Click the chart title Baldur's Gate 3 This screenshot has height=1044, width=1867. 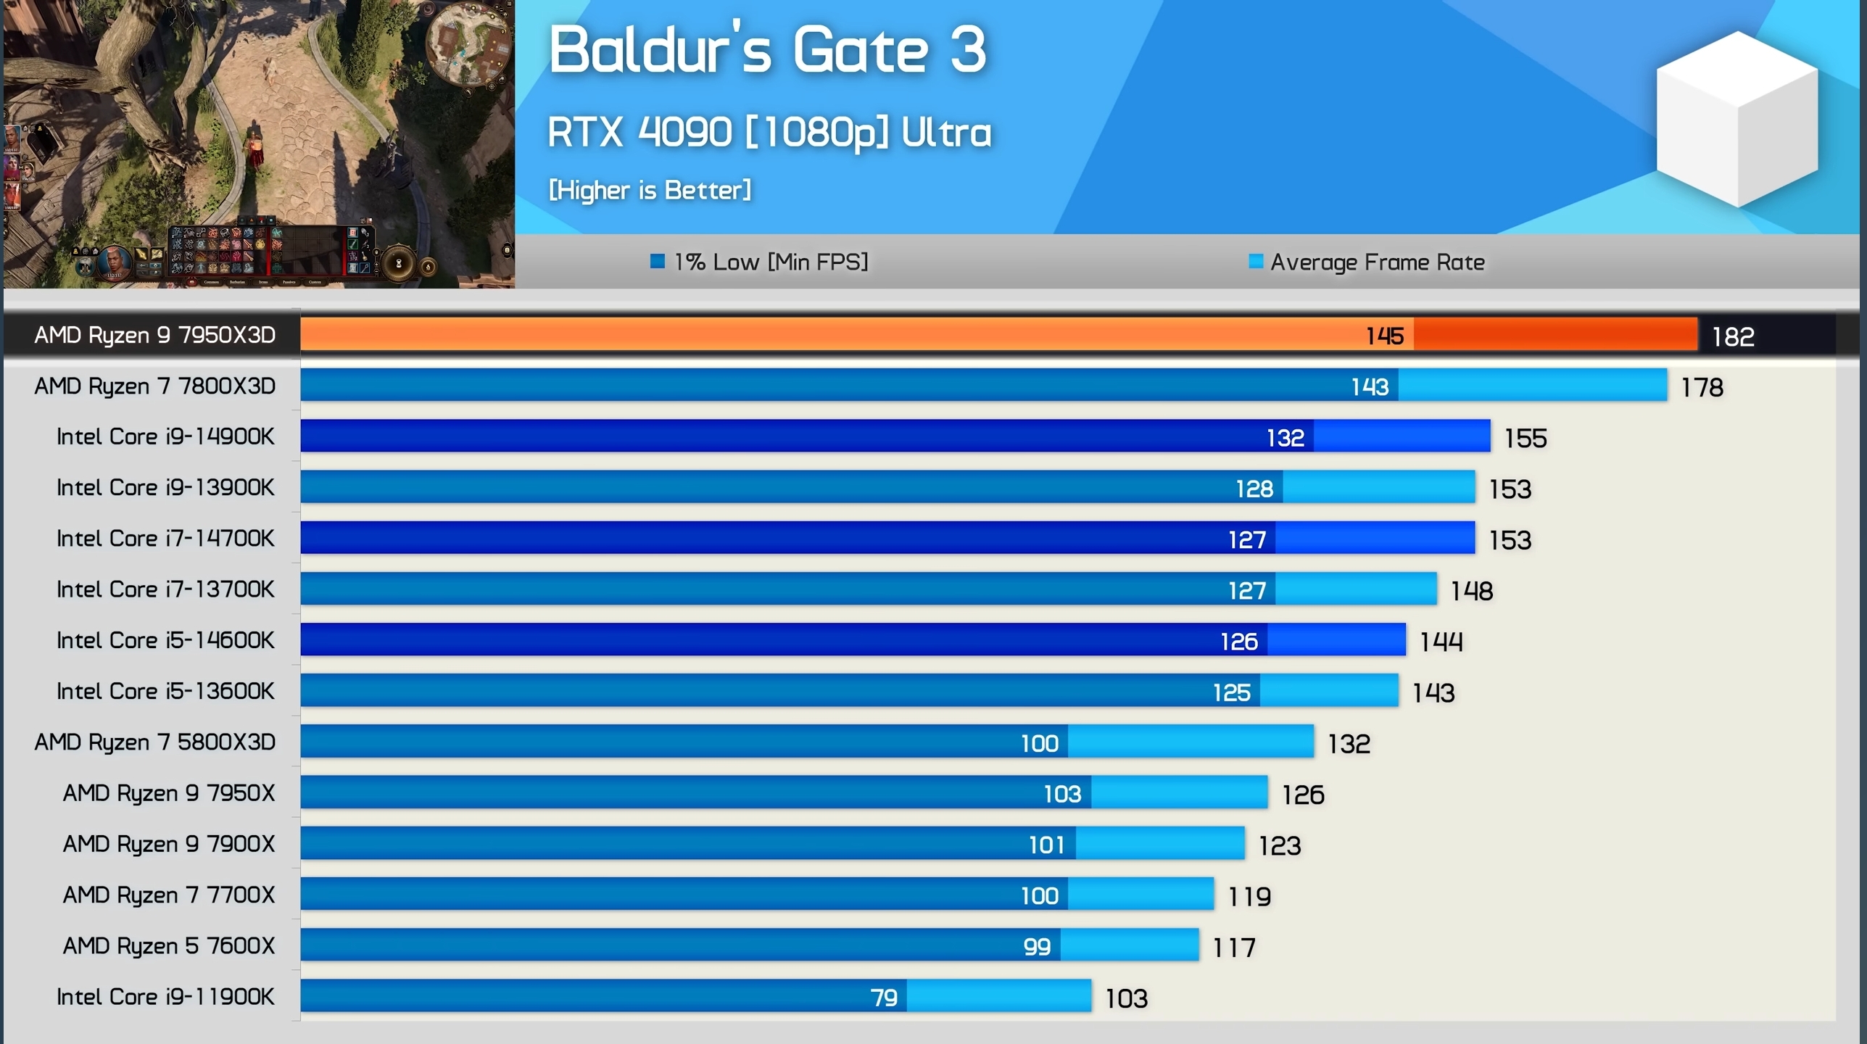coord(767,49)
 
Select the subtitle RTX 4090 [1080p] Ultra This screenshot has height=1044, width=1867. coord(769,133)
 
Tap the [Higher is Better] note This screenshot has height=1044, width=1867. coord(650,190)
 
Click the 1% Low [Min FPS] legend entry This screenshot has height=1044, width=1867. coord(760,262)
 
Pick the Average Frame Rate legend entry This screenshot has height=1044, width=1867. coord(1367,262)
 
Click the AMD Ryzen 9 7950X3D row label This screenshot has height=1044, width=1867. coord(155,335)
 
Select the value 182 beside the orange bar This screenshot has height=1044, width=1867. coord(1733,336)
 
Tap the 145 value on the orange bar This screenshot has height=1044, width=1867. coord(1384,336)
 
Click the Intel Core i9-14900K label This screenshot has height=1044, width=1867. coord(165,436)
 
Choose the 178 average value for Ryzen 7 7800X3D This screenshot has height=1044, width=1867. coord(1702,387)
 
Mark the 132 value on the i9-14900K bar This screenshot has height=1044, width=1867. coord(1285,438)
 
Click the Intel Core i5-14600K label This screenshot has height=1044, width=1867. coord(165,640)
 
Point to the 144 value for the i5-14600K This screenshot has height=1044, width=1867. coord(1441,642)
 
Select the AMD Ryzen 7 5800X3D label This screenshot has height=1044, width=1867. coord(155,742)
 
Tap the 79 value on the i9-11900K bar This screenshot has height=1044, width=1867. coord(884,998)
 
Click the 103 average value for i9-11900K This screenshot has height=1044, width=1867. coord(1126,998)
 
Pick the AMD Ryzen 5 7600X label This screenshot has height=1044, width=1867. coord(169,946)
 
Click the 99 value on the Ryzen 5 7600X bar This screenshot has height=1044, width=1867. coord(1037,947)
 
